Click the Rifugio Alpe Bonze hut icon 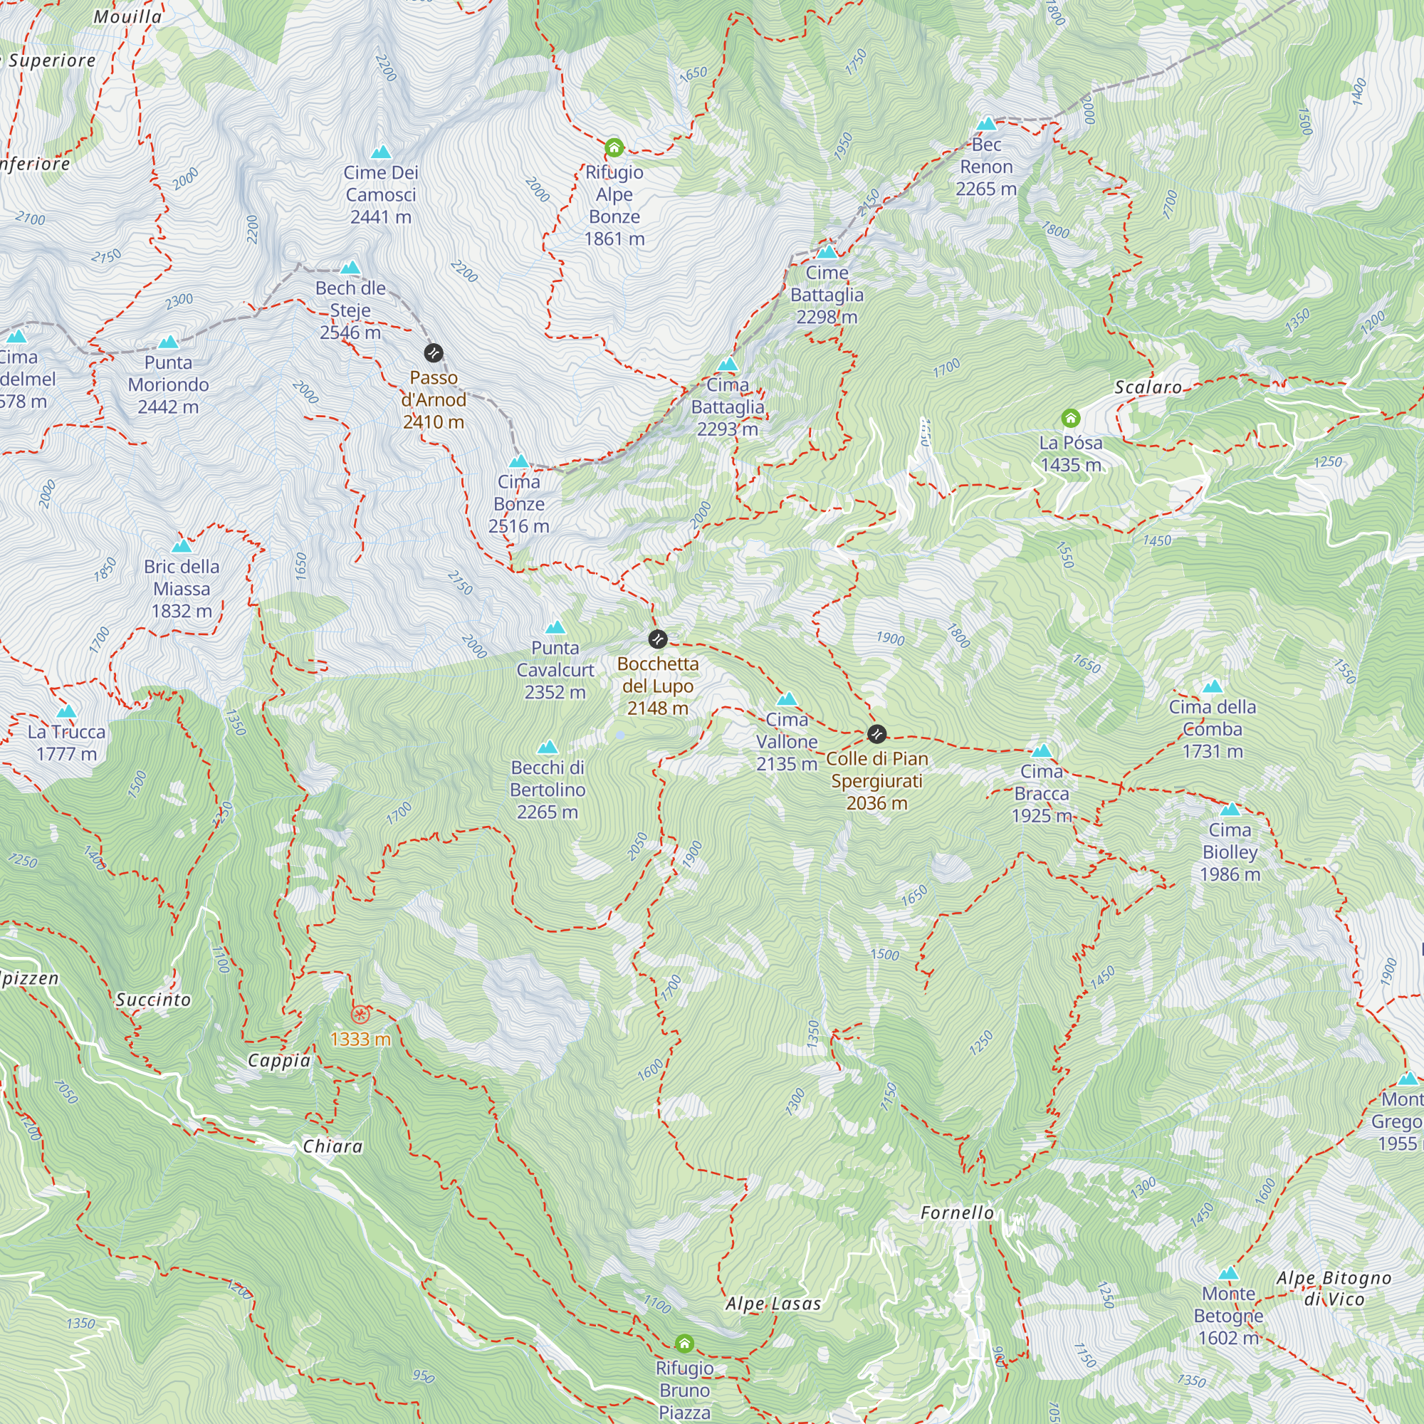614,148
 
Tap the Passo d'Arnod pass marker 434,353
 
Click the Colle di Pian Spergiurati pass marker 876,733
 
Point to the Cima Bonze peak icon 519,461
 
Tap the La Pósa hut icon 1070,419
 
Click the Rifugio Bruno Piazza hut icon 684,1344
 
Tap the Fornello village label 957,1213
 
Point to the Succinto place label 153,1000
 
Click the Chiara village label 333,1146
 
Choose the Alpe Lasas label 773,1303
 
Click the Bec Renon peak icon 986,124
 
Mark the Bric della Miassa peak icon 182,546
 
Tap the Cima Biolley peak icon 1230,810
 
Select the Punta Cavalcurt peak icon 555,627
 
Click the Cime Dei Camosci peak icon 380,152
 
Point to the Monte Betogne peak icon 1228,1274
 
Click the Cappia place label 278,1061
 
